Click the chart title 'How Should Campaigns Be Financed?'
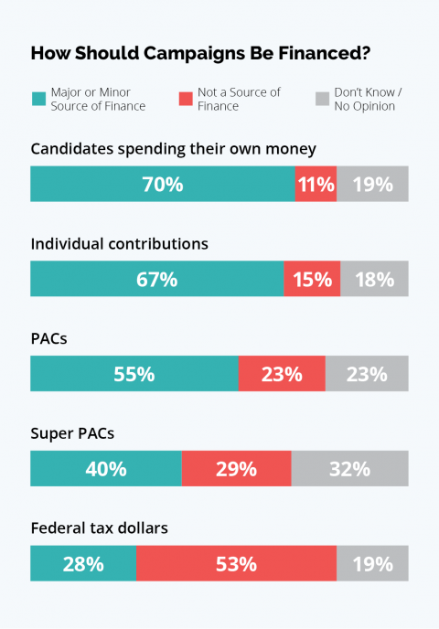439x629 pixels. pyautogui.click(x=200, y=53)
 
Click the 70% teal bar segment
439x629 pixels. pyautogui.click(x=162, y=184)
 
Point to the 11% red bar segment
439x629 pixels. pyautogui.click(x=316, y=184)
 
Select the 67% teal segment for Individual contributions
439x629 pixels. pyautogui.click(x=156, y=279)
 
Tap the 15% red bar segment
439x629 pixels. pyautogui.click(x=312, y=279)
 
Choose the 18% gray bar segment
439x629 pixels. pyautogui.click(x=374, y=279)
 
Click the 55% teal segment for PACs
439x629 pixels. pyautogui.click(x=134, y=374)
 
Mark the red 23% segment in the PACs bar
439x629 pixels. pyautogui.click(x=282, y=374)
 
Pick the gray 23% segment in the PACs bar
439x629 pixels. pyautogui.click(x=367, y=374)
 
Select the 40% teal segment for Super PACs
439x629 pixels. pyautogui.click(x=106, y=469)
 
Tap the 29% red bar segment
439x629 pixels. pyautogui.click(x=236, y=469)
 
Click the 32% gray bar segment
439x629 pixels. pyautogui.click(x=349, y=469)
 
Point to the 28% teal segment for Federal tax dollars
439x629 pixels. pyautogui.click(x=83, y=564)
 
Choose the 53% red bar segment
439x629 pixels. pyautogui.click(x=236, y=564)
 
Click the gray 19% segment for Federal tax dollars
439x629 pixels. pyautogui.click(x=372, y=564)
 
